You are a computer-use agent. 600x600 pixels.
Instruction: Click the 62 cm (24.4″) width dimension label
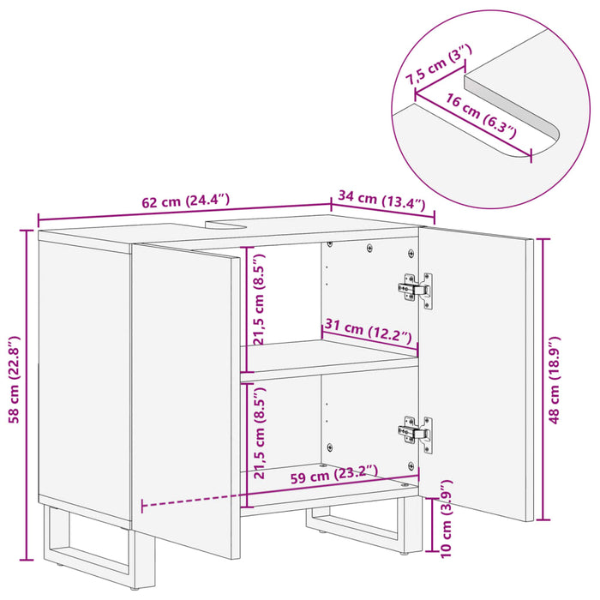pos(186,201)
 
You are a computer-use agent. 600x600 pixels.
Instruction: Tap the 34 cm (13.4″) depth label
pos(381,201)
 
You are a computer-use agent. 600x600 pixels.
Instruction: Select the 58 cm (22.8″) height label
pos(15,380)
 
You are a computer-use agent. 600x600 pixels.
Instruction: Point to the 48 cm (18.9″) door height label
pos(554,380)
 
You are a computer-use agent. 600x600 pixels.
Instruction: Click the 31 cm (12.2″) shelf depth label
pos(368,332)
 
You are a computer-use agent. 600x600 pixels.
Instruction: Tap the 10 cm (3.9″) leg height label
pos(447,519)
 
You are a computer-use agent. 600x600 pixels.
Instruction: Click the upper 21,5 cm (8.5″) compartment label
pos(260,299)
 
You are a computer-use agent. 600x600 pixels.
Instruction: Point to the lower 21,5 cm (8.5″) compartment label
pos(260,433)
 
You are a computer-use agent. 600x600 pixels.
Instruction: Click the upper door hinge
pos(415,290)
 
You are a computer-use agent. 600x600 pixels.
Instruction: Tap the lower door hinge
pos(415,434)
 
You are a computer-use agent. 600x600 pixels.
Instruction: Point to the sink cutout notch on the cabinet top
pos(225,224)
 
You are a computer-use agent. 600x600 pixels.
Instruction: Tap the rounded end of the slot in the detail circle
pos(549,138)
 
